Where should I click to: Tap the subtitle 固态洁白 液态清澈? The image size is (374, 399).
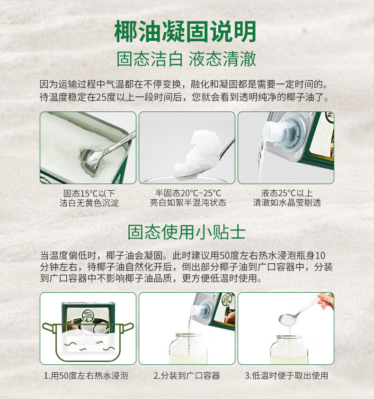pos(187,59)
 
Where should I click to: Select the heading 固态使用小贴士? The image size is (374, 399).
pos(187,232)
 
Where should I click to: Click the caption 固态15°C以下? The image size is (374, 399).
pos(89,193)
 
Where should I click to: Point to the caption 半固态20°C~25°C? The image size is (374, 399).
pos(188,193)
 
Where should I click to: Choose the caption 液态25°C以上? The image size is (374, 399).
pos(287,193)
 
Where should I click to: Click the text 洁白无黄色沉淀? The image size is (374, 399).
pos(89,203)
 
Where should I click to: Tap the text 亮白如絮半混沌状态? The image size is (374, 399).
pos(188,203)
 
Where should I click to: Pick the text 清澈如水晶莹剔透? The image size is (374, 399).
pos(287,203)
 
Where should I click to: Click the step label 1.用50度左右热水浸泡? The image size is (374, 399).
pos(86,376)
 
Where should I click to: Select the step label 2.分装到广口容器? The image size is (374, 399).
pos(187,376)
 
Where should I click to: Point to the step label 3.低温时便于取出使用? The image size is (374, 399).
pos(286,376)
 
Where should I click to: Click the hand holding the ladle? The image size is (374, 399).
pos(326,301)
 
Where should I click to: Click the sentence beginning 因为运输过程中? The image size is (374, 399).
pos(184,85)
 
